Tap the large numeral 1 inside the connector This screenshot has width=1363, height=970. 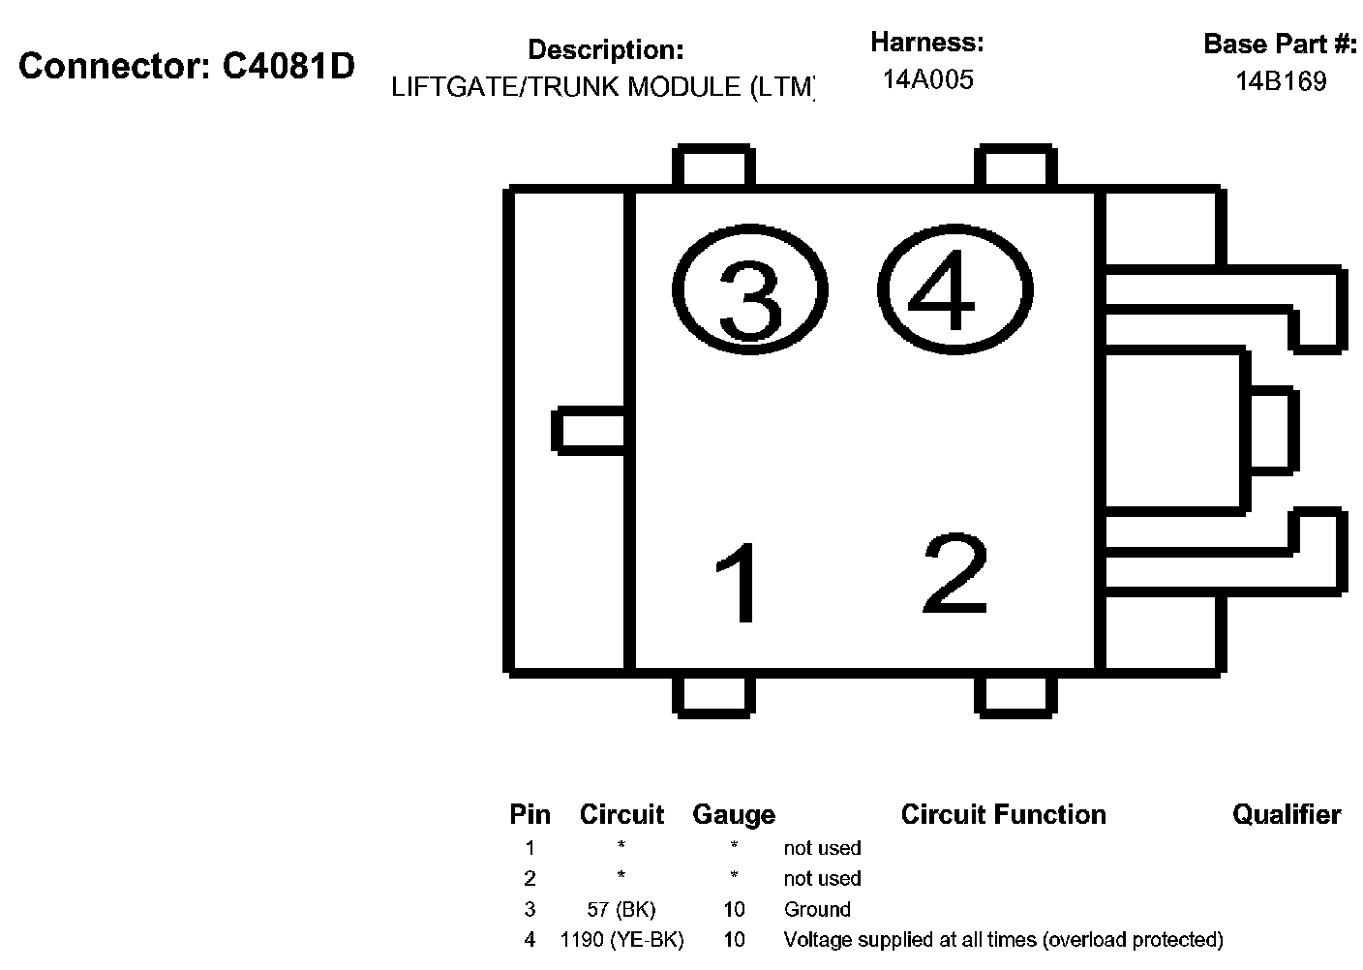click(x=739, y=583)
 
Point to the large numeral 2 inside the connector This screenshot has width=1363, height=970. click(x=955, y=574)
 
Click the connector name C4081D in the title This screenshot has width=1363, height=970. click(x=289, y=66)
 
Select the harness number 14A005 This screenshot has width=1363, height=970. click(x=927, y=79)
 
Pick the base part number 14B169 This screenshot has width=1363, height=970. click(x=1280, y=81)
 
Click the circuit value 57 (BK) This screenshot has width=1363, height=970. click(x=621, y=909)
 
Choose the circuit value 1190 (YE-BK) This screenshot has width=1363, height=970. click(x=621, y=939)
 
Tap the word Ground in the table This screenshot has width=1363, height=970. click(x=817, y=909)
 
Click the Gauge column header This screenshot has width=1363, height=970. click(x=734, y=815)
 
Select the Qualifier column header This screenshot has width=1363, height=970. click(x=1287, y=815)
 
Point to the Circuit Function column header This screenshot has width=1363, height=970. click(x=1003, y=815)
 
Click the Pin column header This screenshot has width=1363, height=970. click(x=530, y=815)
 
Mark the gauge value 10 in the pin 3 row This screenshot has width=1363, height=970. click(x=734, y=909)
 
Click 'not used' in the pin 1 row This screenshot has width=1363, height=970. click(x=822, y=848)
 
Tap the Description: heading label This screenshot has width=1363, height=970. click(x=605, y=49)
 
